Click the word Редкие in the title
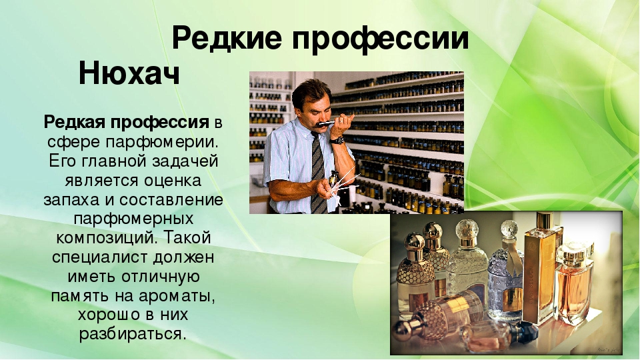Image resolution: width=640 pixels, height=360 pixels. pos(227,39)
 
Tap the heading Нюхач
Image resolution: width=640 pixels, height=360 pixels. pos(129,73)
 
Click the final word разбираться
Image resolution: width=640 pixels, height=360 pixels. pos(133,335)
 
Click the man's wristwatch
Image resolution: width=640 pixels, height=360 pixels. pos(337,139)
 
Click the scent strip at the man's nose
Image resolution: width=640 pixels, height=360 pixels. pos(327,123)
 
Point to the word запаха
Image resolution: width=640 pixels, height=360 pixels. pos(71,201)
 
